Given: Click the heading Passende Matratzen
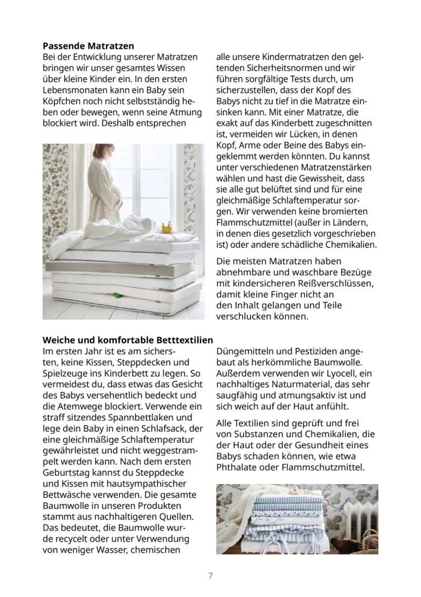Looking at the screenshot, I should click(x=88, y=46).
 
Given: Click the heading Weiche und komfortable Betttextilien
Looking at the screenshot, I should click(x=128, y=340).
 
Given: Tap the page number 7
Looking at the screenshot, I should click(x=210, y=575).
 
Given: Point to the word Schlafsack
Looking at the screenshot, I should click(x=164, y=429).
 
